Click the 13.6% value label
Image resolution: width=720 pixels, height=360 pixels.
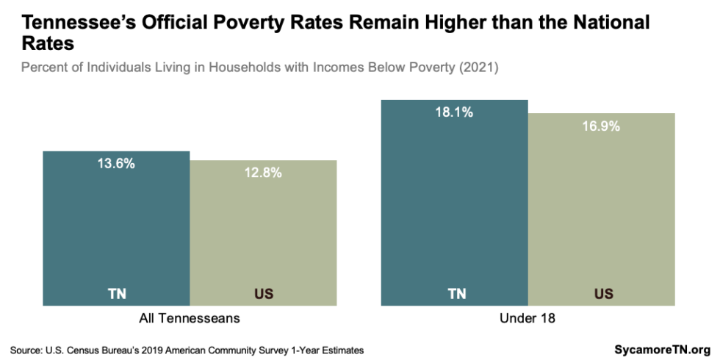(x=116, y=165)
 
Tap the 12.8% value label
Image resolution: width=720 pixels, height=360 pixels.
(x=263, y=173)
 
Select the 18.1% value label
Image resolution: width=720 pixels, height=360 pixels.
(x=454, y=113)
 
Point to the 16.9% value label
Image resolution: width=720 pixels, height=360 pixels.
(x=601, y=126)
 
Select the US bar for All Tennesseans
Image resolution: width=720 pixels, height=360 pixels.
(x=263, y=235)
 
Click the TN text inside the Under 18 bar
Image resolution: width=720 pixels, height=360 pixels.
(x=456, y=295)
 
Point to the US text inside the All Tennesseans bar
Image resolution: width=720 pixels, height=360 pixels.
(x=263, y=295)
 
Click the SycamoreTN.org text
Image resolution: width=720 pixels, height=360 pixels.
(x=662, y=350)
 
